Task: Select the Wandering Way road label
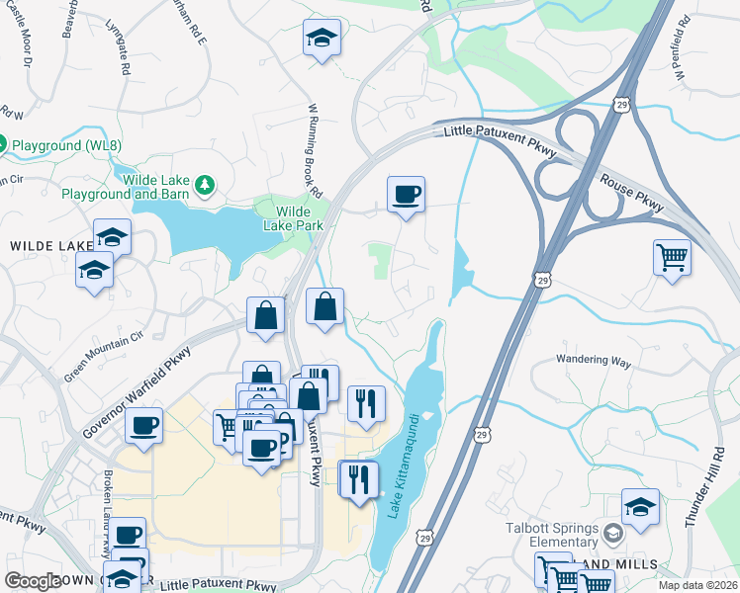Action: [x=594, y=362]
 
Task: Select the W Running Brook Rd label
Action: [x=315, y=148]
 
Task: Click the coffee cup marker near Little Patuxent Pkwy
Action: [x=405, y=194]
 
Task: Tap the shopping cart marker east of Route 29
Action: [x=672, y=257]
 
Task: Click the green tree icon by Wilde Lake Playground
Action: [x=204, y=184]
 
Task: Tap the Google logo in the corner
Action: [x=33, y=581]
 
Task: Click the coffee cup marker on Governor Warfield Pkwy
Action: [x=143, y=426]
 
